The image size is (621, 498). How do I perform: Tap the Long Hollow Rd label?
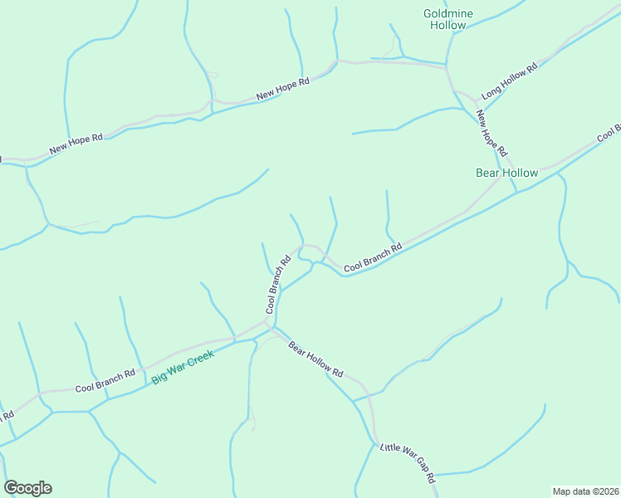point(510,79)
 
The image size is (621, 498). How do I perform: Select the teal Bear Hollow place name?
point(506,173)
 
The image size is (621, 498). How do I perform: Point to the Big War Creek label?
point(183,367)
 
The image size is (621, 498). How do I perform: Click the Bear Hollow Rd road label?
point(315,359)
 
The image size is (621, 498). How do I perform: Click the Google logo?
point(27,488)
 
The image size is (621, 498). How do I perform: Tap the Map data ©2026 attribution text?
point(586,491)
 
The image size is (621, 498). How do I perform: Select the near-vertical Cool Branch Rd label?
point(277,284)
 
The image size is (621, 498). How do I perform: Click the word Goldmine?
point(447,13)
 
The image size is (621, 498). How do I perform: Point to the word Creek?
point(201,359)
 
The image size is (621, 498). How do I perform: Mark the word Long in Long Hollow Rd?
point(491,88)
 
